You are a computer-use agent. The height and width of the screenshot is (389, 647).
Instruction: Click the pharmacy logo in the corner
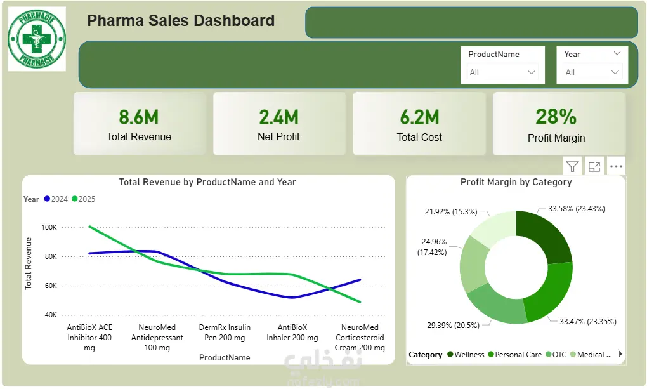click(37, 39)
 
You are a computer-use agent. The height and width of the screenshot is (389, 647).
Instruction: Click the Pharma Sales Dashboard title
click(181, 21)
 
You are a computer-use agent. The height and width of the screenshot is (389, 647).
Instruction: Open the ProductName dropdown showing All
click(502, 72)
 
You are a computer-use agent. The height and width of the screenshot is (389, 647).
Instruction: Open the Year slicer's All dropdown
click(592, 72)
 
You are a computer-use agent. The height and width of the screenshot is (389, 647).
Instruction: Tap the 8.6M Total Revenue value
click(139, 117)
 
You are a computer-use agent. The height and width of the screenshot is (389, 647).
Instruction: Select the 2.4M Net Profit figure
click(279, 117)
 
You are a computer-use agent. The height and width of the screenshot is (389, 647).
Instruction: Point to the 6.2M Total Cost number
click(420, 117)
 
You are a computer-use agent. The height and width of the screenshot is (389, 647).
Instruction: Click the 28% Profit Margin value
click(556, 117)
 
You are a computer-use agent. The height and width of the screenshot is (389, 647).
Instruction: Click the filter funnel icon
click(572, 166)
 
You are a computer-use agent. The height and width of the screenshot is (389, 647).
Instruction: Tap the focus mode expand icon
click(594, 166)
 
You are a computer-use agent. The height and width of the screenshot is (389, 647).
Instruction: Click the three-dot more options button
click(616, 166)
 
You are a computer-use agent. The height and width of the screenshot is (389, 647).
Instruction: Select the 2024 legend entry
click(56, 199)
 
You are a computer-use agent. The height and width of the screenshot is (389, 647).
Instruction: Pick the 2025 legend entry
click(83, 199)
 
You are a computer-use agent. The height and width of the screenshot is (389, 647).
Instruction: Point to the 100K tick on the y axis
click(49, 227)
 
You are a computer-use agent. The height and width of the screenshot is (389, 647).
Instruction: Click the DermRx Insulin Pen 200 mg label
click(225, 333)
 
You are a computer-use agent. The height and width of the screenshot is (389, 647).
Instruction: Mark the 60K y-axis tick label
click(51, 286)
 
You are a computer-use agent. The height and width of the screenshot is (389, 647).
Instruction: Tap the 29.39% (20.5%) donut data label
click(453, 326)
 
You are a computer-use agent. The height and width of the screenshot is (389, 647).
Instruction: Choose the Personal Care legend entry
click(514, 355)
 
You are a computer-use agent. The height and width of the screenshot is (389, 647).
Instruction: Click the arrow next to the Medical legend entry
click(620, 354)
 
